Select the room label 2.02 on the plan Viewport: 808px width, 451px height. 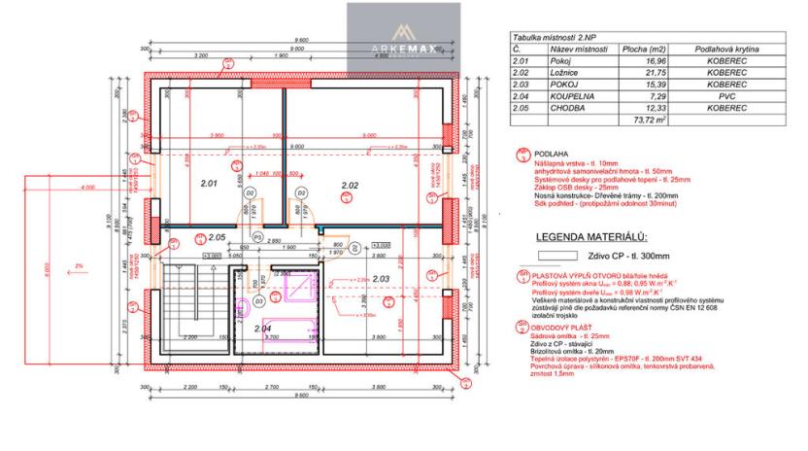(x=350, y=183)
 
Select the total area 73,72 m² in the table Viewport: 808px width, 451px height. (x=648, y=121)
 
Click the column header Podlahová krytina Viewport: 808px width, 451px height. (x=725, y=49)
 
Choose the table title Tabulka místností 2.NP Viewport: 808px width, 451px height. (x=555, y=36)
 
